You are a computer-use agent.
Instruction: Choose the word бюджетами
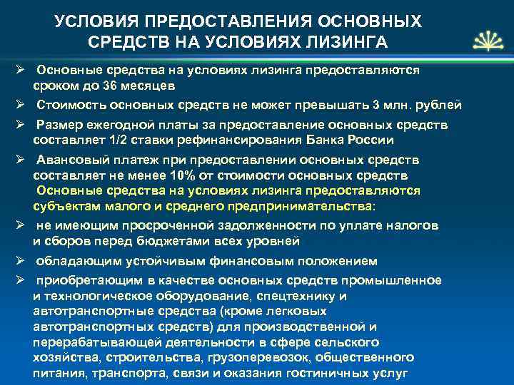point(165,240)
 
